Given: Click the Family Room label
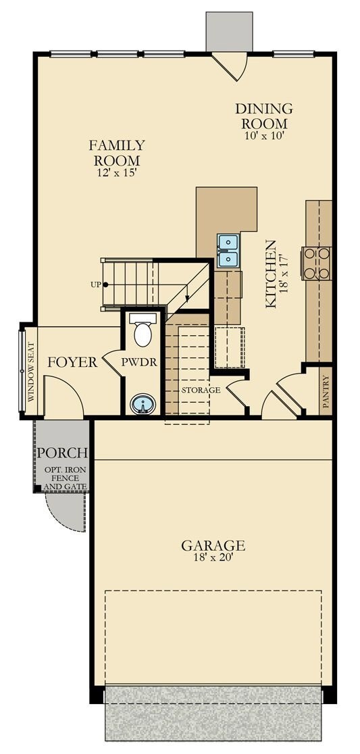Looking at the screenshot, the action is [x=117, y=153].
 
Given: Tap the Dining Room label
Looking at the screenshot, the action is [x=264, y=116].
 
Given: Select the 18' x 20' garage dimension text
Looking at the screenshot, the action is [x=213, y=557].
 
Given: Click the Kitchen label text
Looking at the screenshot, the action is [x=271, y=274].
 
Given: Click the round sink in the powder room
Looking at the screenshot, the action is [x=143, y=404].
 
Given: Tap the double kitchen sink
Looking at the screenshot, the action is [x=228, y=251].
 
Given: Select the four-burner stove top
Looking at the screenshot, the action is [x=316, y=263].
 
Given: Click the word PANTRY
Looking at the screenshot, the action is [x=326, y=392].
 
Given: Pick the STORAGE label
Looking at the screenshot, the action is [x=201, y=390].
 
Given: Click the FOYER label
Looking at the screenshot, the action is [x=72, y=362].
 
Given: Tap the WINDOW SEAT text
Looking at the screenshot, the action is [x=31, y=372].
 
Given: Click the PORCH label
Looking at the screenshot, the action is [x=63, y=453].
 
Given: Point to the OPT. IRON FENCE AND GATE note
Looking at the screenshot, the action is [x=66, y=478].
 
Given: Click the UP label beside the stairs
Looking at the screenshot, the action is [x=95, y=284].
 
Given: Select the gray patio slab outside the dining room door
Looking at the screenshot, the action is [x=229, y=31].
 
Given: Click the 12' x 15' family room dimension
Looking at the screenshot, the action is [x=118, y=172].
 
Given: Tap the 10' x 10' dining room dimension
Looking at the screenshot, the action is [x=265, y=135].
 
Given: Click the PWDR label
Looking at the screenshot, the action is [x=139, y=362].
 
